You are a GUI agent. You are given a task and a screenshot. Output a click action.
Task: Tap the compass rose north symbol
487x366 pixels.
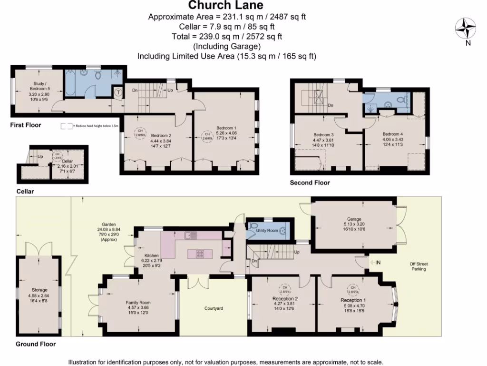click(466, 29)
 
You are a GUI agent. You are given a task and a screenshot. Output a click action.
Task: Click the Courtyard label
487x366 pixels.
click(214, 308)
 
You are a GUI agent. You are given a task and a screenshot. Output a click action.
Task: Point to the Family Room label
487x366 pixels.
click(138, 303)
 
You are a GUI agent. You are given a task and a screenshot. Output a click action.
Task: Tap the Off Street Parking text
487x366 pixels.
click(419, 266)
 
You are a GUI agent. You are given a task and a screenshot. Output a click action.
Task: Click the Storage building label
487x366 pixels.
click(39, 290)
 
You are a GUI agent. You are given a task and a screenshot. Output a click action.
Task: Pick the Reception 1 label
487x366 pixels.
click(353, 300)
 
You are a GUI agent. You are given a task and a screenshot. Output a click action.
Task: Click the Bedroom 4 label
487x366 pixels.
click(393, 134)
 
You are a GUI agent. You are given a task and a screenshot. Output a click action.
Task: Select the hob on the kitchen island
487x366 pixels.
click(198, 254)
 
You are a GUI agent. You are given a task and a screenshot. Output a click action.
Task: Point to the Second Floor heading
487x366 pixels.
click(310, 183)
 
